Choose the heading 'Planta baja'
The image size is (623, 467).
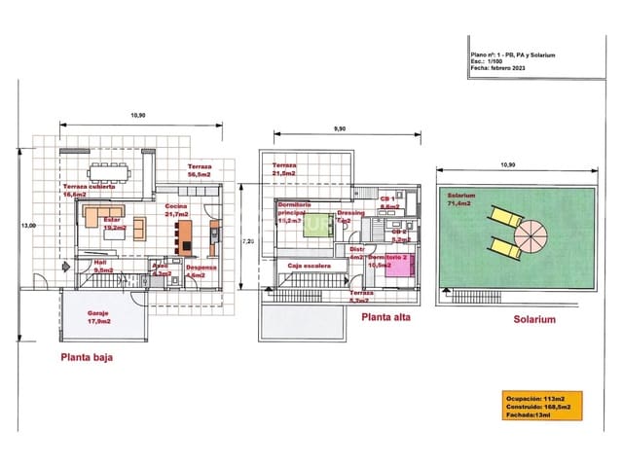87,357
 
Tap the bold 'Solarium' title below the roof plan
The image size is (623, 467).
533,319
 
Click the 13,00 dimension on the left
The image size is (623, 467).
28,225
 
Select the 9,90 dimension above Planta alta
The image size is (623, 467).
340,127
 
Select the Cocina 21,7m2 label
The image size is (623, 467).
176,210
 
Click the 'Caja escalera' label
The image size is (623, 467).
305,265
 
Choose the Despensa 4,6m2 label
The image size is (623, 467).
201,270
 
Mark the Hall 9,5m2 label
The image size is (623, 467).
103,266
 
